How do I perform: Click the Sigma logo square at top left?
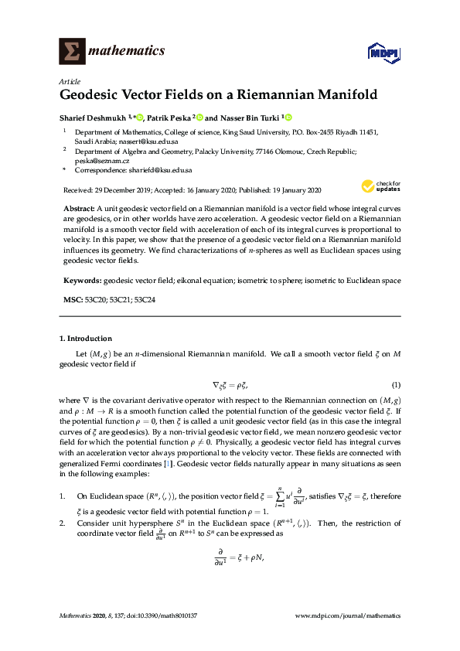[72, 51]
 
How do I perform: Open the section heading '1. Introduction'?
[86, 339]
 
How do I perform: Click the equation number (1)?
[396, 384]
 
